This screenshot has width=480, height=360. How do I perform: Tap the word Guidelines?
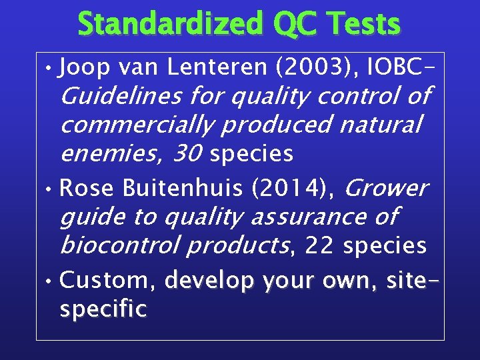[x=121, y=97]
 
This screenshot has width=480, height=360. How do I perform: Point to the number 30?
[x=188, y=154]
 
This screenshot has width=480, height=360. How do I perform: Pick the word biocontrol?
[x=119, y=245]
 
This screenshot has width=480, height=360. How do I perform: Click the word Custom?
[x=108, y=280]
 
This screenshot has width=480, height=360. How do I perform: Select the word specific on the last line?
[x=103, y=309]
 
